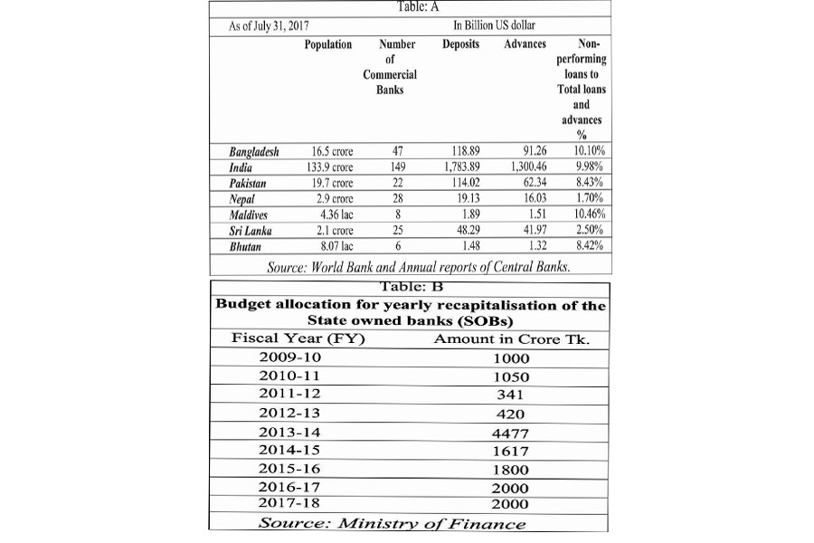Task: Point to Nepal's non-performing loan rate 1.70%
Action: coord(589,197)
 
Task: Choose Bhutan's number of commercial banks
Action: coord(398,244)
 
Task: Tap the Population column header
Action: coord(327,43)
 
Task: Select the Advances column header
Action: coord(525,43)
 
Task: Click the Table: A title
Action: coord(413,7)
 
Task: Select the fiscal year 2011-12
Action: coord(289,394)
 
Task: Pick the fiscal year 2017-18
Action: coord(289,502)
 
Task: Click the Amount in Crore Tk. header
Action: coord(518,338)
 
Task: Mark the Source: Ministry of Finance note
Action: coord(391,523)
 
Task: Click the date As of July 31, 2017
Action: coord(270,24)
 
